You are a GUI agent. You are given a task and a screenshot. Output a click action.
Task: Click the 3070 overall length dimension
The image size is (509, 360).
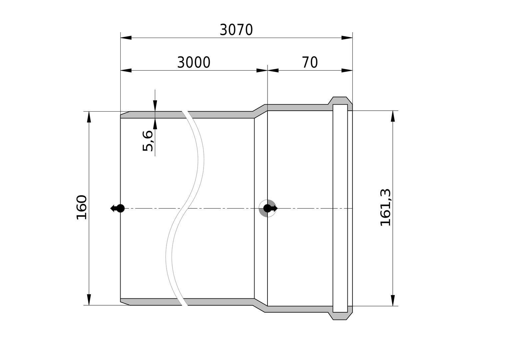[x=236, y=30]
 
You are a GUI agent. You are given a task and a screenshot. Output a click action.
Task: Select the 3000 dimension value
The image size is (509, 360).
[x=194, y=62]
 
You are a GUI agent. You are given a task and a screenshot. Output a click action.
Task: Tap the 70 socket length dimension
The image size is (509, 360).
[x=310, y=62]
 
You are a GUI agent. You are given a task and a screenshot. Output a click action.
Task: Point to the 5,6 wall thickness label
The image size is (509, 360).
[x=148, y=141]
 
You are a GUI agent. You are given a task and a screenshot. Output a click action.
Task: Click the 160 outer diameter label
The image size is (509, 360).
[x=81, y=207]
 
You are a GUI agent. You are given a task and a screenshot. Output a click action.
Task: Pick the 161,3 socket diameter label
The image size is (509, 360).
[x=385, y=207]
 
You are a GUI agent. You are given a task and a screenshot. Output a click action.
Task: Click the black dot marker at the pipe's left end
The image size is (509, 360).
[x=121, y=208]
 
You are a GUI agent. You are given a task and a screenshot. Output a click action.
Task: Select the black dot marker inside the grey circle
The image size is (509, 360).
[x=267, y=208]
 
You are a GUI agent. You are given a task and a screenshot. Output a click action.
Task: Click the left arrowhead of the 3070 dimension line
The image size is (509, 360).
[x=126, y=38]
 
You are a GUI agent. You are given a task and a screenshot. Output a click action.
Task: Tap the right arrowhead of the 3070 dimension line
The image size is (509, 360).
[x=347, y=38]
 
